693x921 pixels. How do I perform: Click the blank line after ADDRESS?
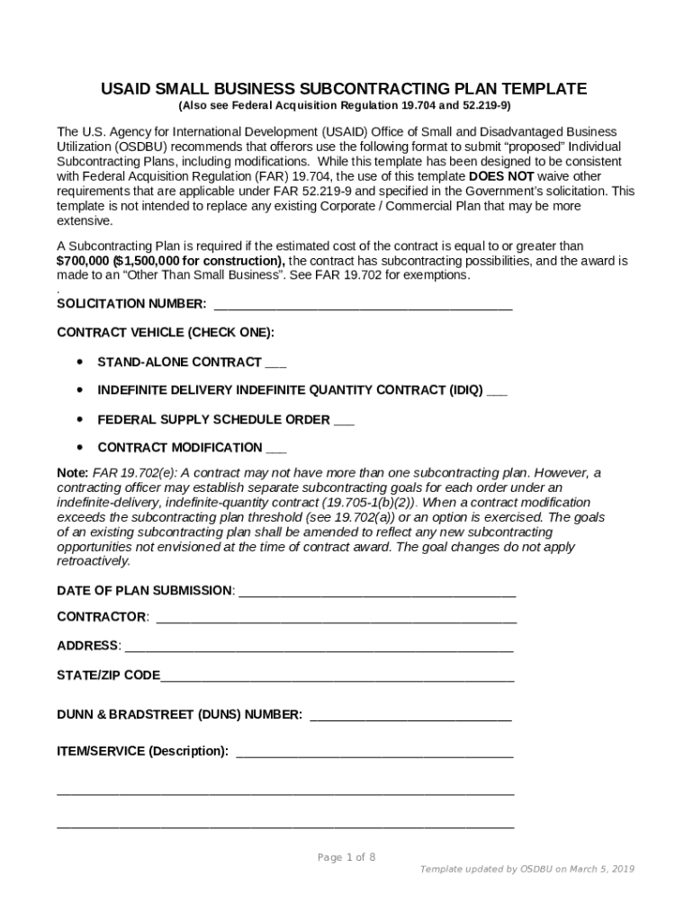[x=319, y=648]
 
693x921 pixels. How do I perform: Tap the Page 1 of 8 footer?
[x=346, y=857]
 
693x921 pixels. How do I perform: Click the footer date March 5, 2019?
[x=605, y=869]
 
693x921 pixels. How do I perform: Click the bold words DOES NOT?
[x=501, y=176]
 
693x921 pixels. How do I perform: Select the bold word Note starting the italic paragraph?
[x=72, y=473]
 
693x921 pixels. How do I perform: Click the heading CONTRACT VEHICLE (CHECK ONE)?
[x=166, y=333]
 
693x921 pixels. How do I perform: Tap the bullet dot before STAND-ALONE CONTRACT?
[x=81, y=362]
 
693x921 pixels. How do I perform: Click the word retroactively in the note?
[x=94, y=561]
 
